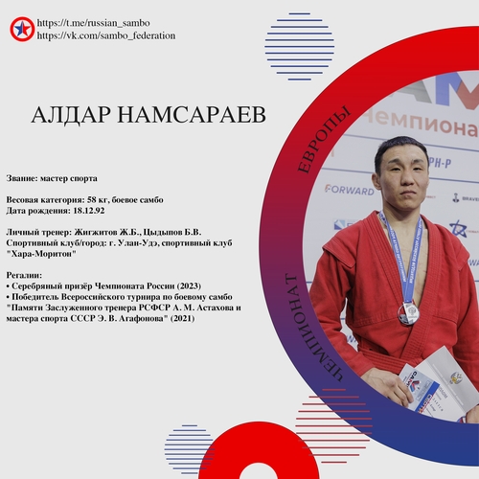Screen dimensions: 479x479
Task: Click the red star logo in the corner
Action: (22, 29)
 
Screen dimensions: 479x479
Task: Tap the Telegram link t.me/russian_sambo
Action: (93, 23)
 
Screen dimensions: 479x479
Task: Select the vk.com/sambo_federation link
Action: (106, 35)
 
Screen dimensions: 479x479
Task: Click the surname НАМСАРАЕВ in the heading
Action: (192, 115)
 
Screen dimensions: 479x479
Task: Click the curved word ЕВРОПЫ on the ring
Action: (323, 139)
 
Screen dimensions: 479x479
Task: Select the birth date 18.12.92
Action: (89, 211)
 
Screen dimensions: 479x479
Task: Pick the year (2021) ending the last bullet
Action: (182, 318)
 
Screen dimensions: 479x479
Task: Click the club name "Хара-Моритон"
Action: (41, 254)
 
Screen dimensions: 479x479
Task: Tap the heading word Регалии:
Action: (24, 275)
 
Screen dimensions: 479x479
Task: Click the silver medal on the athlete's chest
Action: (408, 313)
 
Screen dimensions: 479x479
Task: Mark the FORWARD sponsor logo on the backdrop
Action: (350, 190)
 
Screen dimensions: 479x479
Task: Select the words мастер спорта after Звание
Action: (69, 178)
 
